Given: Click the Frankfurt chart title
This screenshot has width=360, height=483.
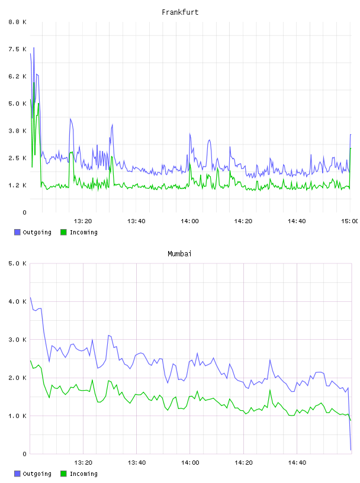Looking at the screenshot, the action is point(180,12).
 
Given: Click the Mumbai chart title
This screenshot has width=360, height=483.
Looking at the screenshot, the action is point(179,254).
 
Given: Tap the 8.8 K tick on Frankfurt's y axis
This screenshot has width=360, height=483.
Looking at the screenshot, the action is point(17,22).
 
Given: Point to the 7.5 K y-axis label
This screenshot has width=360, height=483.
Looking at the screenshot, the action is point(17,49).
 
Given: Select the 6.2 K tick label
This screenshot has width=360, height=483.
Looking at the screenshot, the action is point(17,76).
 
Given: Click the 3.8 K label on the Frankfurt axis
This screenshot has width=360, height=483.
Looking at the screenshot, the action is point(17,131).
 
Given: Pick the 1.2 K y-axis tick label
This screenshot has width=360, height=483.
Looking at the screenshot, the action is point(17,185).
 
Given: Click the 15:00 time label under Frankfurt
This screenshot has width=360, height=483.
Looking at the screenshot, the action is point(349,221).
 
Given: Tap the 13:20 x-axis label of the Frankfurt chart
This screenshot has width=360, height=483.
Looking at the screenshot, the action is point(83,221).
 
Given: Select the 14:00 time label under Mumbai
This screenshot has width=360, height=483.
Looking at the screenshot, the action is point(190,463).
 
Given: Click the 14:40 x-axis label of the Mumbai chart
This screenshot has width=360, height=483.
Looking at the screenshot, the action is point(297,463).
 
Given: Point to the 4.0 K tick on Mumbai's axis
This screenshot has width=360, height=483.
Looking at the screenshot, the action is point(17,301).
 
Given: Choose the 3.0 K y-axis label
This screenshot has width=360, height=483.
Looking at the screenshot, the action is point(17,340).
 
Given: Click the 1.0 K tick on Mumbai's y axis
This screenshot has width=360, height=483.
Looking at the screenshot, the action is point(17,416).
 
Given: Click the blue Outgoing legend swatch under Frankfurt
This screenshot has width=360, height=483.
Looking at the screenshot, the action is point(17,232).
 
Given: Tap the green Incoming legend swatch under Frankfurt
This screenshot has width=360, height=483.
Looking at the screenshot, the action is point(63,232).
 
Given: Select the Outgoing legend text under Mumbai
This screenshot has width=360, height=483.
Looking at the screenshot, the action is point(37,474).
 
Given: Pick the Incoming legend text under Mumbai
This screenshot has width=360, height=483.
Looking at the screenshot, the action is point(83,474).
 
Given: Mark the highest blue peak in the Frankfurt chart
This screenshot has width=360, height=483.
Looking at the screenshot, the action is point(34,47).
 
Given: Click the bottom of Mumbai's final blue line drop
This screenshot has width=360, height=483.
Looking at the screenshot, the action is point(351,450).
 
